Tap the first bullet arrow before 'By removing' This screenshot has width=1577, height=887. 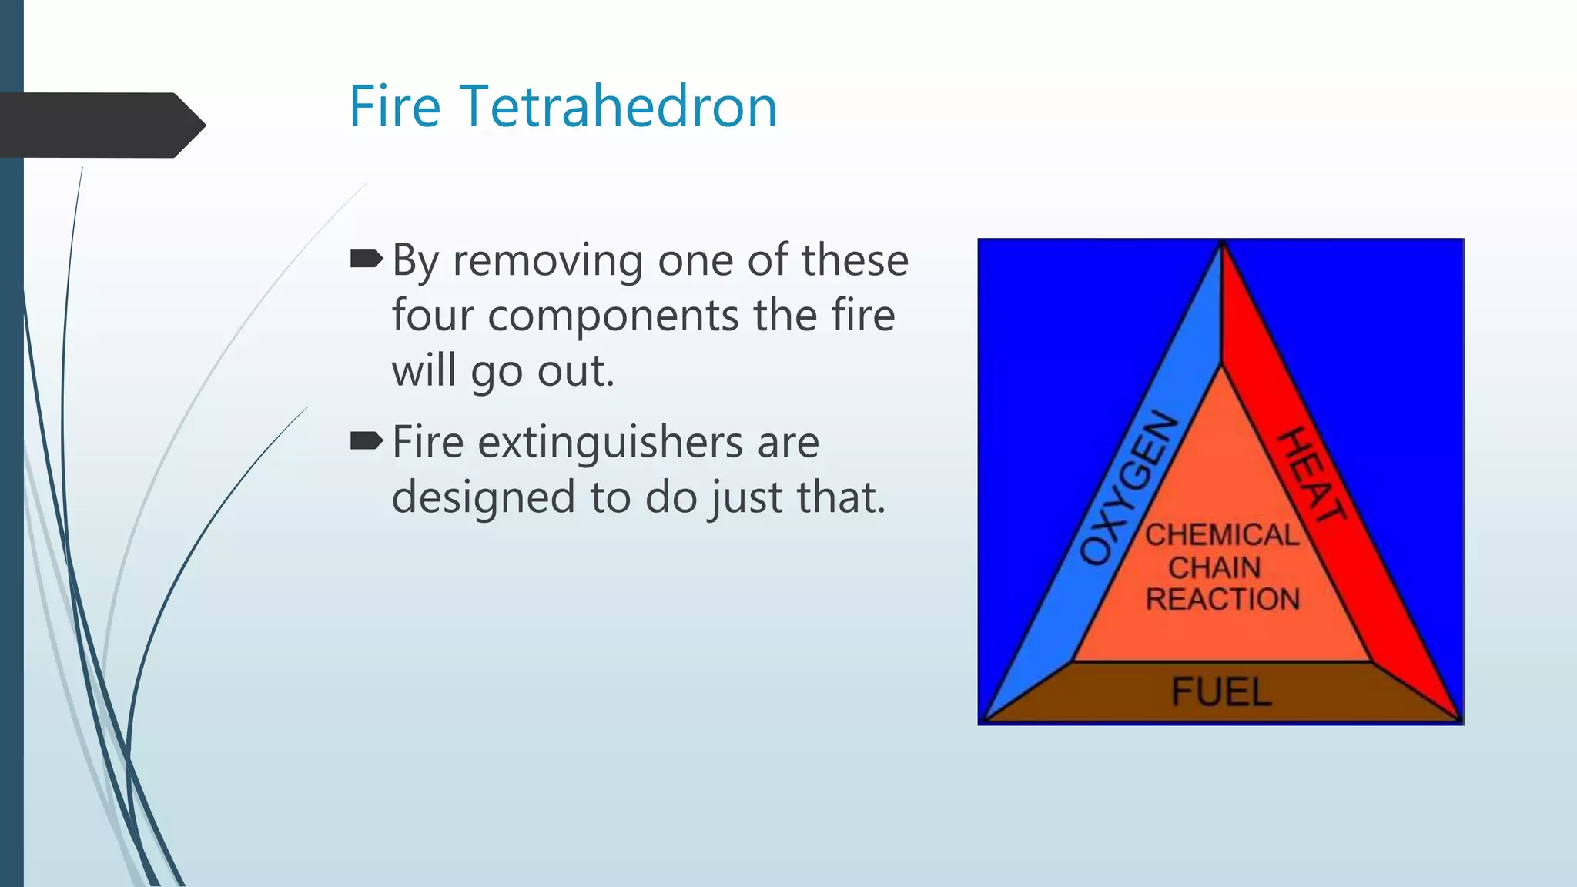click(x=367, y=259)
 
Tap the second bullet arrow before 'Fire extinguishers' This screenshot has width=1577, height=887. click(x=367, y=441)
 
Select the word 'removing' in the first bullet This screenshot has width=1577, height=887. click(x=547, y=261)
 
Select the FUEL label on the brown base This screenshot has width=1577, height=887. click(x=1221, y=691)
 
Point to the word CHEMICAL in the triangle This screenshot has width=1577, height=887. click(x=1222, y=534)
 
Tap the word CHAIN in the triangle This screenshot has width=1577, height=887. click(x=1214, y=567)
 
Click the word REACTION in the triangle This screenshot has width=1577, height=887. click(x=1222, y=599)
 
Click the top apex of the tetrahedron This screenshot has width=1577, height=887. click(x=1222, y=245)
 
